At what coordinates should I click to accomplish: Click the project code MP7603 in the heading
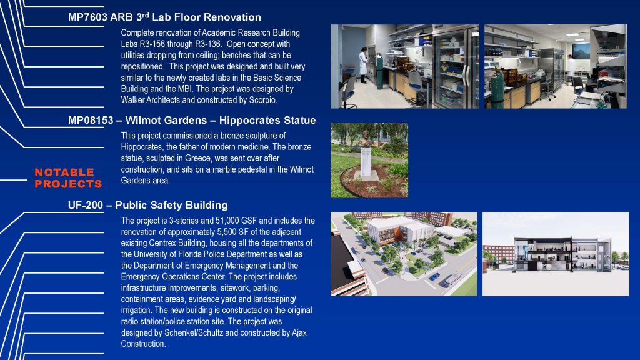point(87,17)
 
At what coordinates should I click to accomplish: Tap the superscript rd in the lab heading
point(145,16)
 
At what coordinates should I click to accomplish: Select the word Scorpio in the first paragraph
point(263,100)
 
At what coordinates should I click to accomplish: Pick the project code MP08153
point(91,121)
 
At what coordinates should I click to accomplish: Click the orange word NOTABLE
point(64,172)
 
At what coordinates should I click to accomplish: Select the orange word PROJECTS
point(68,184)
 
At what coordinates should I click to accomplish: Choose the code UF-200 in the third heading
point(85,205)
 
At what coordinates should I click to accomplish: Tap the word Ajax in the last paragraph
point(299,333)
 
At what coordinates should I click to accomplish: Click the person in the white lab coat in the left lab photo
point(363,65)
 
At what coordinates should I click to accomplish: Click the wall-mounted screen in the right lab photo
point(581,51)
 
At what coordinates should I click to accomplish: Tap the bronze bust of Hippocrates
point(366,139)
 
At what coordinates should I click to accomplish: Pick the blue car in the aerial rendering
point(434,277)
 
